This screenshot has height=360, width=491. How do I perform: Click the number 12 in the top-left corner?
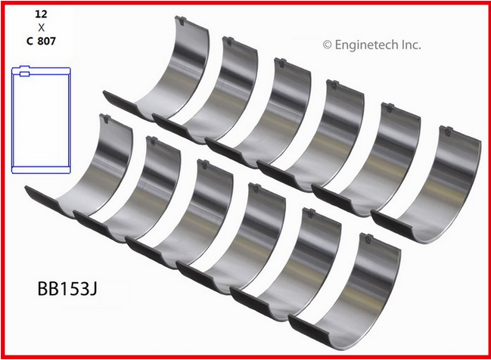pos(41,14)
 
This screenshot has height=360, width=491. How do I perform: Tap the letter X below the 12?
pos(41,28)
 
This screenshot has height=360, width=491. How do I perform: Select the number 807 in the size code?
pos(46,41)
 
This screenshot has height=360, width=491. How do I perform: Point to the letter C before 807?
pos(30,41)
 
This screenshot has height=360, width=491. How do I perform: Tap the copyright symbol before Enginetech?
pos(327,45)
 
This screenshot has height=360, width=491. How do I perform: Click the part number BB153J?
pos(67,289)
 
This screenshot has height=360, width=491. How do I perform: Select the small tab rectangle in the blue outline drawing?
pos(25,74)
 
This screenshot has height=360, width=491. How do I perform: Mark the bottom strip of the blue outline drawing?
pos(41,170)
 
